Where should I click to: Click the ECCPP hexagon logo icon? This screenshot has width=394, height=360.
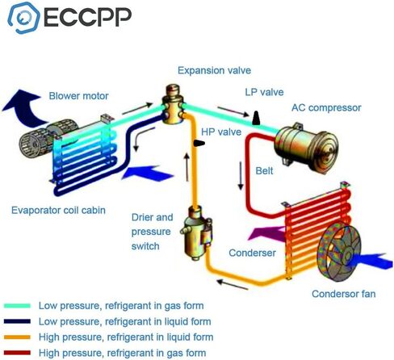click(x=23, y=18)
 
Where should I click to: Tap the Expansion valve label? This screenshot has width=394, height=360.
click(x=214, y=71)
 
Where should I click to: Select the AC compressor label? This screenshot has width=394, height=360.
click(x=326, y=107)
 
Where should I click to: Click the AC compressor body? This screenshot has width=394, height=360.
click(x=306, y=147)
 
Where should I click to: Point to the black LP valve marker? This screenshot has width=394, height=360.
click(x=256, y=118)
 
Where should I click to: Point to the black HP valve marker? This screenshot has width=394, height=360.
click(x=199, y=143)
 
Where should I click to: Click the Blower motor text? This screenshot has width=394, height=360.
click(x=78, y=96)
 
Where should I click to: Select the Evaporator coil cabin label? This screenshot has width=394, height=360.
click(x=58, y=210)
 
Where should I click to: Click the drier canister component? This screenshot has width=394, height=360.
click(x=197, y=233)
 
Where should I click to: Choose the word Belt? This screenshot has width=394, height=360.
click(x=264, y=171)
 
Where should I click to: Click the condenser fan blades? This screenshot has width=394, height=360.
click(x=340, y=253)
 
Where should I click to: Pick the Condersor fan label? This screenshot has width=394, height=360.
click(x=344, y=294)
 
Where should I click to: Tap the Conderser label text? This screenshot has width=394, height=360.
click(x=252, y=253)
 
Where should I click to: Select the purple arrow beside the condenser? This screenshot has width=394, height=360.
click(x=266, y=233)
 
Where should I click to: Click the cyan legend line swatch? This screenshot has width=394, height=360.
click(x=17, y=306)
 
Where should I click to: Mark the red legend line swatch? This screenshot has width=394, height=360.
click(x=17, y=353)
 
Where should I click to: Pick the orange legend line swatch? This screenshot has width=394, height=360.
click(x=17, y=337)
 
